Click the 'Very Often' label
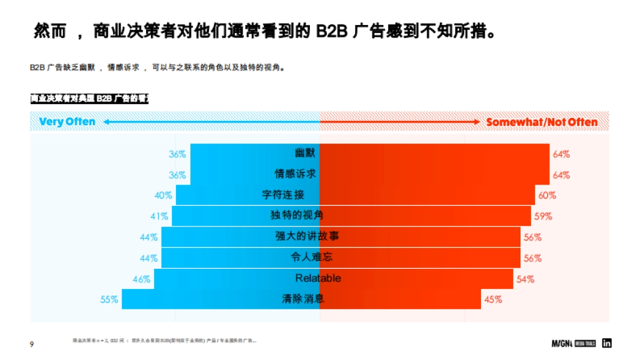click(x=67, y=122)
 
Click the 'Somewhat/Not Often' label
click(x=542, y=122)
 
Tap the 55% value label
click(x=109, y=300)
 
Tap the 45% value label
click(x=493, y=300)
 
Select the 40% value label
click(x=163, y=196)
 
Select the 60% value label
click(x=547, y=196)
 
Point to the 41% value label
click(x=159, y=217)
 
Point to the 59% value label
click(x=543, y=217)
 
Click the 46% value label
click(x=141, y=279)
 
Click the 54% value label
click(x=525, y=279)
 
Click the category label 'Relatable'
click(x=318, y=278)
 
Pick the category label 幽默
click(x=305, y=154)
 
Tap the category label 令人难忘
click(x=312, y=258)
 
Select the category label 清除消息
click(x=303, y=299)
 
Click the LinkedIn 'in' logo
click(x=606, y=343)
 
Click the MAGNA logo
click(x=562, y=344)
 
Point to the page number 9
click(x=31, y=344)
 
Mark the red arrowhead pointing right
click(x=477, y=122)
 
